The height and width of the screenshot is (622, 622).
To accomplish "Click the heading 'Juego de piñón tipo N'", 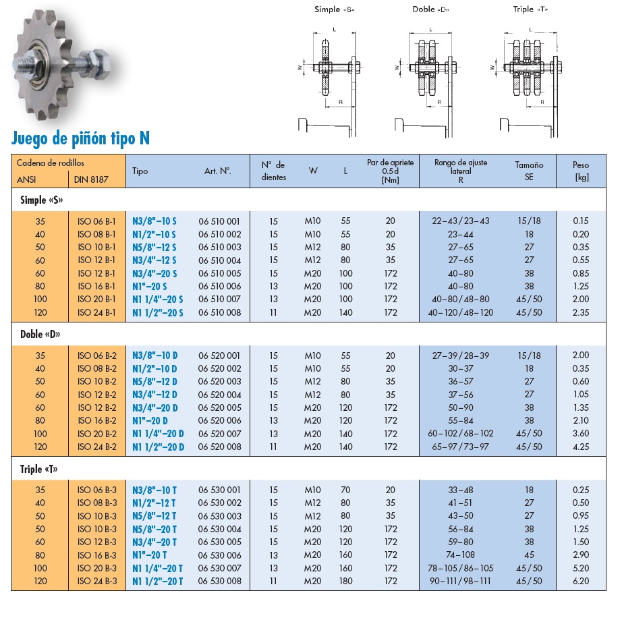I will (81, 138).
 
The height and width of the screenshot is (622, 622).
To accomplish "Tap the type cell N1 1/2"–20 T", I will (157, 581).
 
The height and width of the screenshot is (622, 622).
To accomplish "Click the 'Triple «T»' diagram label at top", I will (530, 9).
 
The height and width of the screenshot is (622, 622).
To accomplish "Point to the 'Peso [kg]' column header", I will (580, 171).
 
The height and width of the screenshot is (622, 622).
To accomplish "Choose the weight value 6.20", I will (580, 581).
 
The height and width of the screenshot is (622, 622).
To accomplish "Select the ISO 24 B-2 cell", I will (97, 447).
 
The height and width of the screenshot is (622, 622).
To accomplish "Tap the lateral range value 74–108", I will (461, 555).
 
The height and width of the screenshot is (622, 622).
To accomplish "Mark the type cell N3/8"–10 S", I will (154, 221).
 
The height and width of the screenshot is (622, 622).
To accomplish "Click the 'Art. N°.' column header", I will (218, 171).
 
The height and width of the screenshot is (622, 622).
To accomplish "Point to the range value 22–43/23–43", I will (461, 221).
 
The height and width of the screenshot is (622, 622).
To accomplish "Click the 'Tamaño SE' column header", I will (529, 171).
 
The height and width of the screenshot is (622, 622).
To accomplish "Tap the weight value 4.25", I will (580, 447).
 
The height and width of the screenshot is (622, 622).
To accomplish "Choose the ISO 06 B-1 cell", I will (97, 221).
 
